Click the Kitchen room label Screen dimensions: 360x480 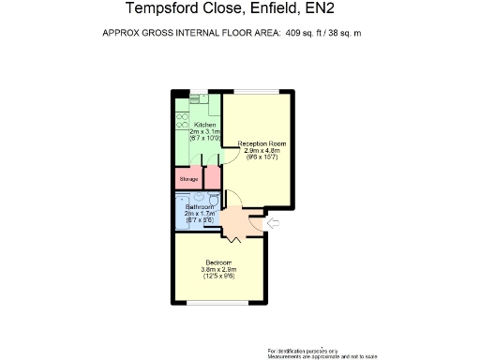205,125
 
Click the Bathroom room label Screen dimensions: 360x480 199,206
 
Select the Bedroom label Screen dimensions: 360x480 219,262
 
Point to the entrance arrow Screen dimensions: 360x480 274,223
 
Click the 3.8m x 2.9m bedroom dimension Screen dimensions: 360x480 219,269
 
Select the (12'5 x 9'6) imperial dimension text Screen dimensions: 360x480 219,277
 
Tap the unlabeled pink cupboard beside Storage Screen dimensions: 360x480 213,176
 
